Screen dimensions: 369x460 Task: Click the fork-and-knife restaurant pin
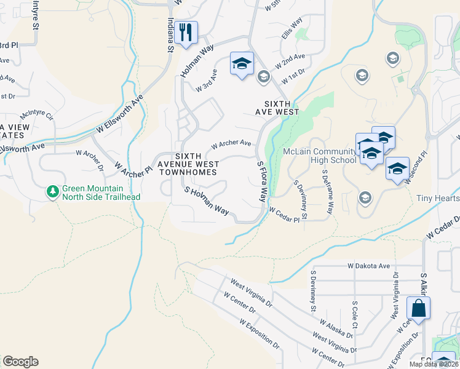[186, 32]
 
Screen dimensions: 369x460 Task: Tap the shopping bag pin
[418, 309]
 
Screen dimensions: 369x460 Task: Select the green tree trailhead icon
[53, 192]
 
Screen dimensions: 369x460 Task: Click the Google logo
[20, 362]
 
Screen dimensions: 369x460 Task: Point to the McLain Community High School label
[319, 156]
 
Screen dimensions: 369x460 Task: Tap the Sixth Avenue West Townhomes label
[188, 164]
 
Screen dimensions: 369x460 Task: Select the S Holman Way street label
[207, 202]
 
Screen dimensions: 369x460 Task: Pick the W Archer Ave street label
[231, 144]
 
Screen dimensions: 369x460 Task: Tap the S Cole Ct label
[355, 314]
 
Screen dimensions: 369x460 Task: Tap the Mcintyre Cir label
[37, 115]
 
